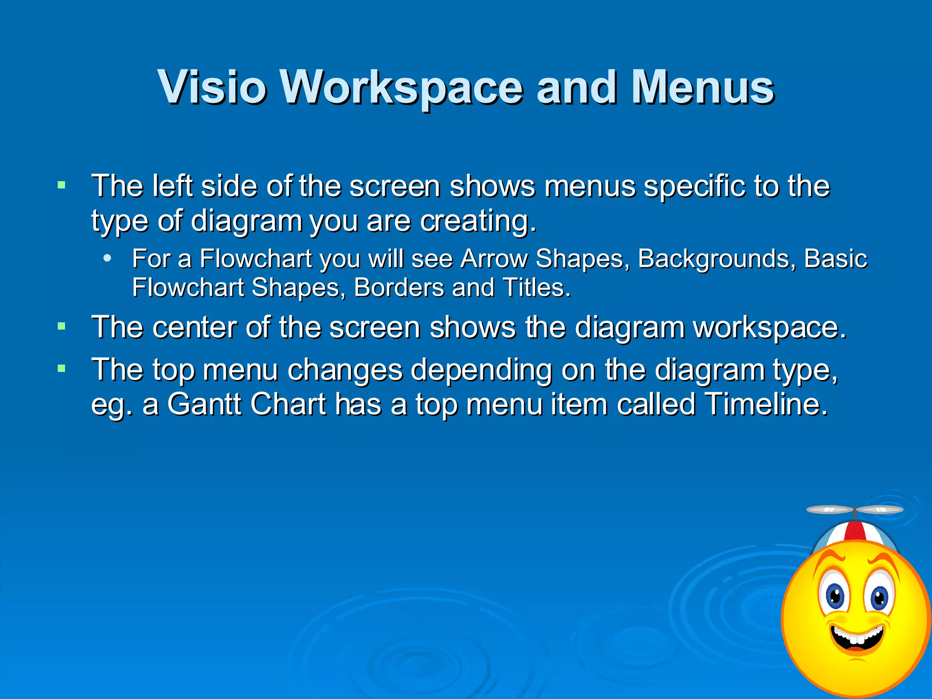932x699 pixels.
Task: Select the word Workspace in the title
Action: (x=401, y=87)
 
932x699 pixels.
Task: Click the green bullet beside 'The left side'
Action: (x=61, y=185)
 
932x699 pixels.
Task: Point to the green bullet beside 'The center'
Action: (x=61, y=326)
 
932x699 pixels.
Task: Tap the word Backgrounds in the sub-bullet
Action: (x=716, y=258)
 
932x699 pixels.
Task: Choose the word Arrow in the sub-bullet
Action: (x=494, y=258)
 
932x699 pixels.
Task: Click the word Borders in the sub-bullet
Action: (x=399, y=288)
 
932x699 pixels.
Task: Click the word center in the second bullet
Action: (x=194, y=327)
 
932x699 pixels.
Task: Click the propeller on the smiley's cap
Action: (x=855, y=510)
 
